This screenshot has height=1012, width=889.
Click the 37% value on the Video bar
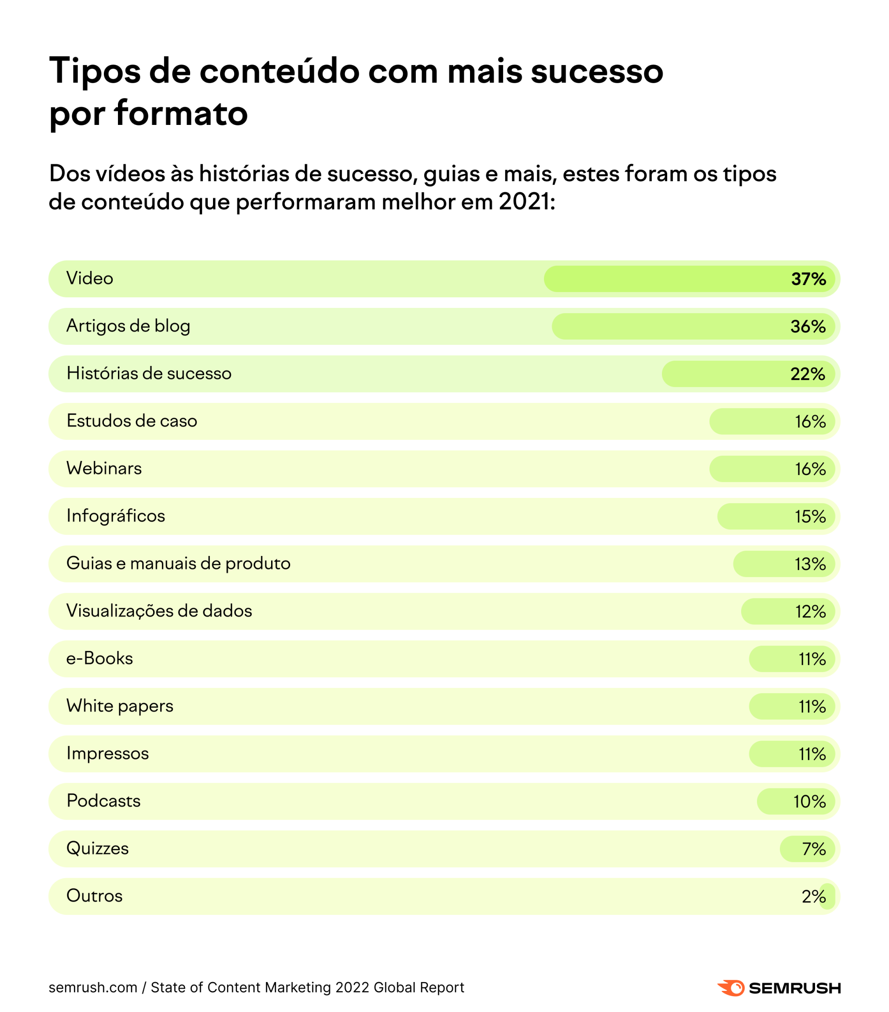(x=808, y=279)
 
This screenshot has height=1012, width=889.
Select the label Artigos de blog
(x=129, y=326)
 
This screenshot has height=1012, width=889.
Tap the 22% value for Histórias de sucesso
(x=807, y=374)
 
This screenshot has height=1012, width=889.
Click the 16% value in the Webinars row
(x=810, y=469)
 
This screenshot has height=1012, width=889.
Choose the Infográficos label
(x=115, y=516)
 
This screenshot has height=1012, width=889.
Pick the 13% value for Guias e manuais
(x=810, y=564)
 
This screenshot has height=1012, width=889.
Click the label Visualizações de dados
(x=159, y=611)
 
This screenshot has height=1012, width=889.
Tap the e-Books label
(x=99, y=658)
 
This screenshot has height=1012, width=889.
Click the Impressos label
(x=107, y=753)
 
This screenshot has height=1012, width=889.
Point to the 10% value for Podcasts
(x=809, y=802)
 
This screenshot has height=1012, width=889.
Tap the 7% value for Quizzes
(x=814, y=849)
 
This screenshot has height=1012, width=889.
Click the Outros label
(x=94, y=896)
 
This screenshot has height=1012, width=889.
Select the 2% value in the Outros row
(x=813, y=897)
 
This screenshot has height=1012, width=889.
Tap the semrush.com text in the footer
(x=93, y=988)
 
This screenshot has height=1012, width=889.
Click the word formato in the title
(x=180, y=113)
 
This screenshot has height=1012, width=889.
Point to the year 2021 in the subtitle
(x=524, y=201)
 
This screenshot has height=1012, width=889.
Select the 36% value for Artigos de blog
(x=808, y=327)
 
